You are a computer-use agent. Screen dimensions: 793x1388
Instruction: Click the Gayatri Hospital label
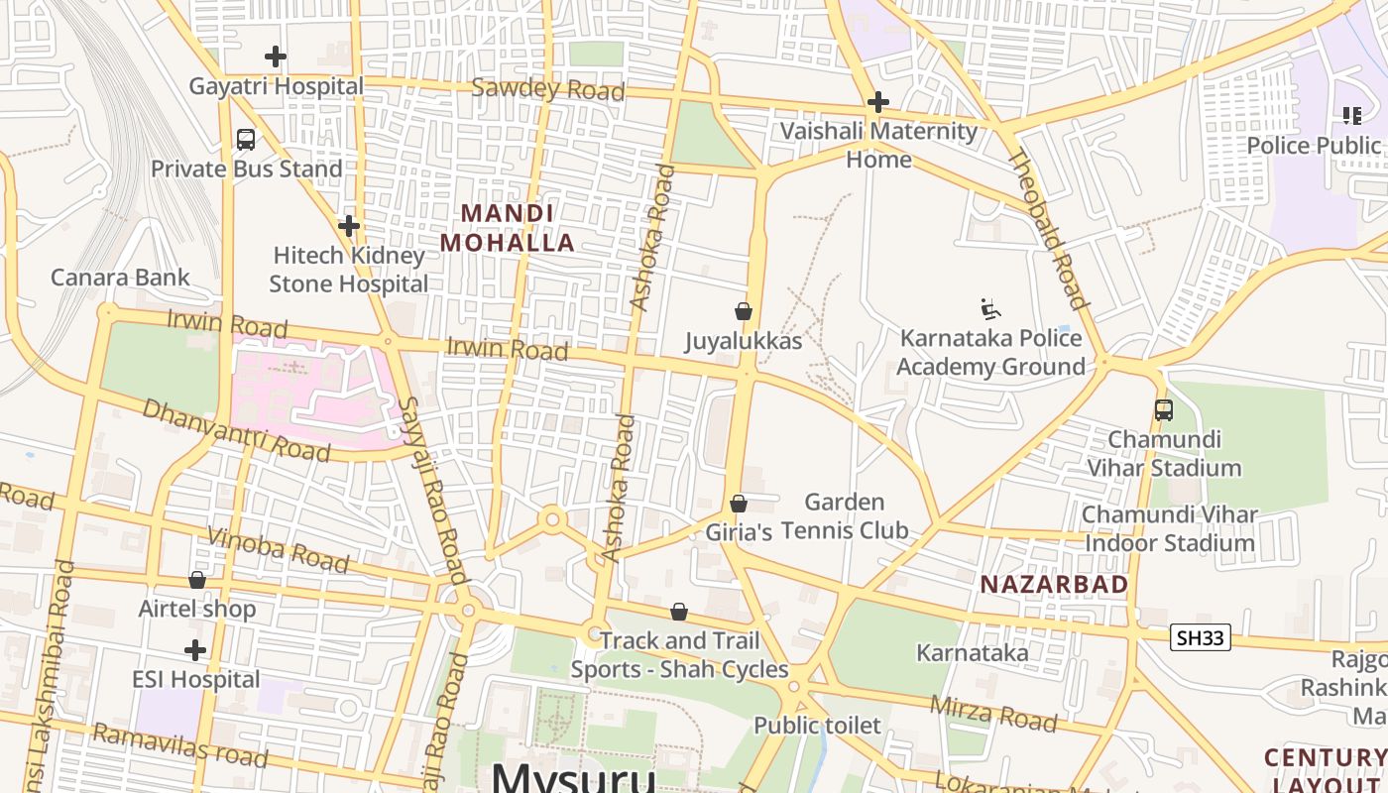pyautogui.click(x=276, y=86)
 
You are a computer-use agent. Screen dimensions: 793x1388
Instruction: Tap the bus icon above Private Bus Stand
pyautogui.click(x=246, y=140)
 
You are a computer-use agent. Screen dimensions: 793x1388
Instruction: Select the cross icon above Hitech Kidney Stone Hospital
pyautogui.click(x=348, y=226)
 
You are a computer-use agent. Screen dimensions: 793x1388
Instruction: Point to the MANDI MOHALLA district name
pyautogui.click(x=508, y=228)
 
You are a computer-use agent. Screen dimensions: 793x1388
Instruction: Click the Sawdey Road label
pyautogui.click(x=547, y=89)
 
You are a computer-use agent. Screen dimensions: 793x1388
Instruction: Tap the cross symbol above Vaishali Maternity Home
pyautogui.click(x=877, y=102)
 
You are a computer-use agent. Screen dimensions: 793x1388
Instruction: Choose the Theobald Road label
pyautogui.click(x=1049, y=229)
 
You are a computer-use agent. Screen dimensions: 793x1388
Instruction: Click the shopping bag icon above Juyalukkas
pyautogui.click(x=744, y=311)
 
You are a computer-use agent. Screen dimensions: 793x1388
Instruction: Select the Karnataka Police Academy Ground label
pyautogui.click(x=990, y=352)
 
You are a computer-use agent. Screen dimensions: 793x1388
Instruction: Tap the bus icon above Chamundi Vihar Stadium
pyautogui.click(x=1164, y=409)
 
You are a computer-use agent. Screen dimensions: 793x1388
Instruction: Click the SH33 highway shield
pyautogui.click(x=1200, y=638)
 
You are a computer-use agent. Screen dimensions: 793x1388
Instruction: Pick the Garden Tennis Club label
pyautogui.click(x=845, y=516)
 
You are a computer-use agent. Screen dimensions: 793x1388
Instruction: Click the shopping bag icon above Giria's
pyautogui.click(x=739, y=504)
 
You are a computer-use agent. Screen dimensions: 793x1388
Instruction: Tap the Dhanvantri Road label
pyautogui.click(x=236, y=430)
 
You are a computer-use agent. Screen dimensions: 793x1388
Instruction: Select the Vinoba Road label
pyautogui.click(x=278, y=550)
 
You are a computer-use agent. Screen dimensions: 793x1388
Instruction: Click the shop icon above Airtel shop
pyautogui.click(x=197, y=580)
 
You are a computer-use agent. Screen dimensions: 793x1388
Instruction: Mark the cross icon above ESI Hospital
pyautogui.click(x=195, y=650)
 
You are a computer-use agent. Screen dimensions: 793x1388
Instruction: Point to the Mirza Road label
pyautogui.click(x=993, y=713)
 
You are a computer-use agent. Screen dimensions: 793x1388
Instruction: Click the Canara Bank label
pyautogui.click(x=120, y=277)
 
